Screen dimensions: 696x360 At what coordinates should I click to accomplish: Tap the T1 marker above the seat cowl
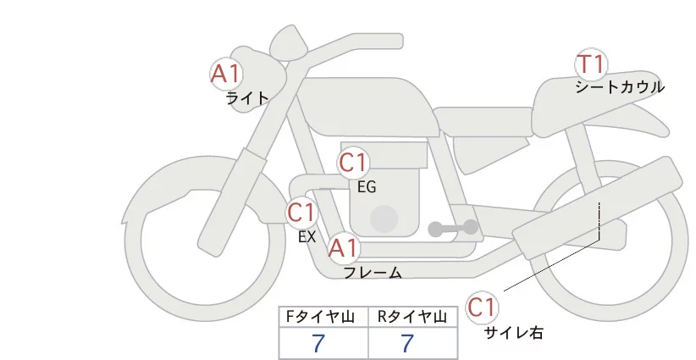pos(592,64)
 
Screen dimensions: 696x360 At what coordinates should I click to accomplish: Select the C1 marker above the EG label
pos(355,163)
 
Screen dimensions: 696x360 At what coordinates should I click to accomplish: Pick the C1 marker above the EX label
pos(301,212)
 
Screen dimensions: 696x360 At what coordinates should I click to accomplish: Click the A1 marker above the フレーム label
pos(344,248)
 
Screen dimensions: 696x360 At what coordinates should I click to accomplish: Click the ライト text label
pos(247,98)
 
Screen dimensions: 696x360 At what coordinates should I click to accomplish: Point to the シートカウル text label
pos(620,86)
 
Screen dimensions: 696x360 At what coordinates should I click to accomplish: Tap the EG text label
pos(367,186)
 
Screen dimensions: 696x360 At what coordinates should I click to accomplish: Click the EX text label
pos(307,237)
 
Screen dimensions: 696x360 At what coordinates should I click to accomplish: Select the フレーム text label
pos(373,273)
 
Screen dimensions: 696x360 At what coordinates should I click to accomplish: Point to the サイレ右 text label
pos(514,333)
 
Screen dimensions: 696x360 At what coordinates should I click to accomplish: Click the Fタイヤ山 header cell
pos(324,317)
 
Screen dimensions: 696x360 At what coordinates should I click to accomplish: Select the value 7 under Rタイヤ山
pos(408,344)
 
